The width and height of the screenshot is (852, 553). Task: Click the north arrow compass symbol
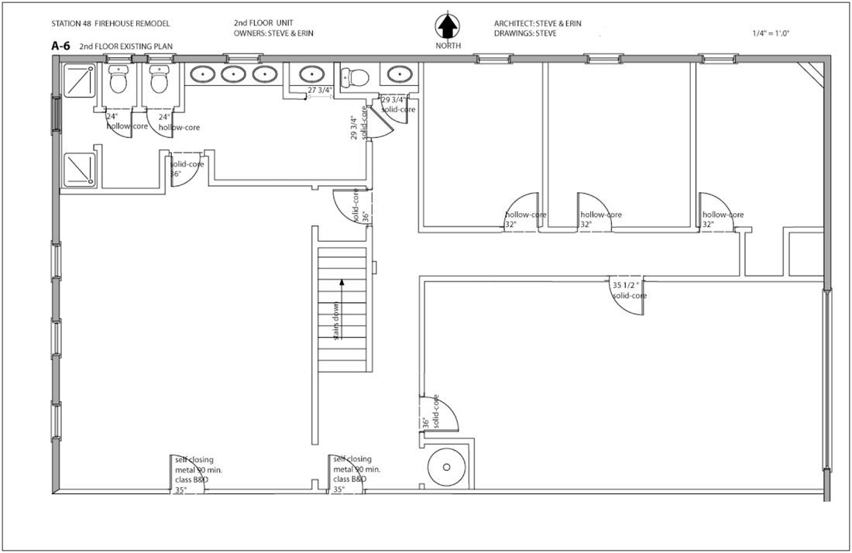(x=447, y=28)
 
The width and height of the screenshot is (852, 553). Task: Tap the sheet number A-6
(x=61, y=46)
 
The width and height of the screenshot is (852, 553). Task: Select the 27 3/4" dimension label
(x=319, y=91)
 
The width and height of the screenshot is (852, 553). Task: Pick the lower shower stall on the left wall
(x=79, y=169)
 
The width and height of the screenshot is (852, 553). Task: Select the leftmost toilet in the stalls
(x=119, y=79)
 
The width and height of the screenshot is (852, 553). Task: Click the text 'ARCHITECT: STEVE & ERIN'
(x=548, y=24)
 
